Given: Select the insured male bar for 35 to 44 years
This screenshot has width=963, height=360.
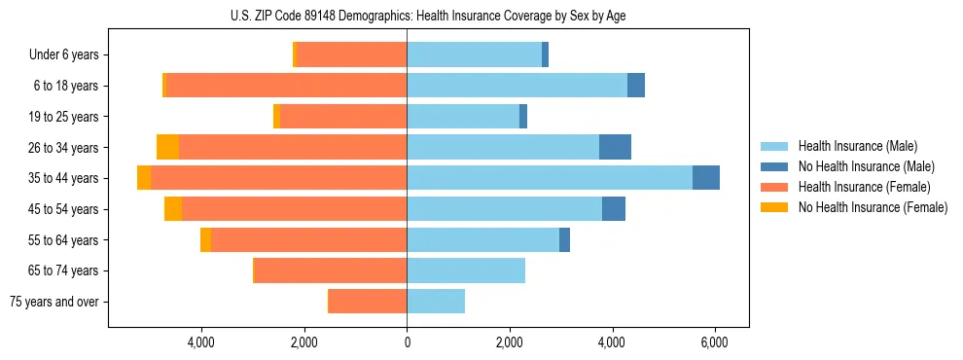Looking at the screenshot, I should click(550, 178).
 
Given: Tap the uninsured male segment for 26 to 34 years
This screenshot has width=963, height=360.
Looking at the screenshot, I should click(615, 147).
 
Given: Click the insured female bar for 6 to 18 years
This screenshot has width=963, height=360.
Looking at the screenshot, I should click(286, 86).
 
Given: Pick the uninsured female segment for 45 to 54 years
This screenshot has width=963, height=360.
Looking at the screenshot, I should click(173, 209).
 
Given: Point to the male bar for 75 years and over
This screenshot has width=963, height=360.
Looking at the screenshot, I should click(436, 302).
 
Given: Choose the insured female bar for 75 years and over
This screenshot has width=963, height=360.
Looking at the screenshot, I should click(368, 302).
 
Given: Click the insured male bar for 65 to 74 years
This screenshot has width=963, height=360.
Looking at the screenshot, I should click(466, 270).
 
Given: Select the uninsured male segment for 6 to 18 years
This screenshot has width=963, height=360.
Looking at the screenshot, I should click(636, 86).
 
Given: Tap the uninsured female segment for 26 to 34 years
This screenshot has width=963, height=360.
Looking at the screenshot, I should click(168, 147).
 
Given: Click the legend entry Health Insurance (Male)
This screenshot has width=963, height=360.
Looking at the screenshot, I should click(857, 146).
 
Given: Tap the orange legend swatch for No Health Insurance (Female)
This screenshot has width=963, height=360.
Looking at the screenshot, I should click(774, 207).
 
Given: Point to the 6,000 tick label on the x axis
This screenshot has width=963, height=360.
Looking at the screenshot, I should click(715, 342).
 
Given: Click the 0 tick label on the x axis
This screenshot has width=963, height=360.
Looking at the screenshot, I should click(407, 342).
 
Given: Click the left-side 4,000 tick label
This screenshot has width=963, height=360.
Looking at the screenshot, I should click(201, 342).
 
